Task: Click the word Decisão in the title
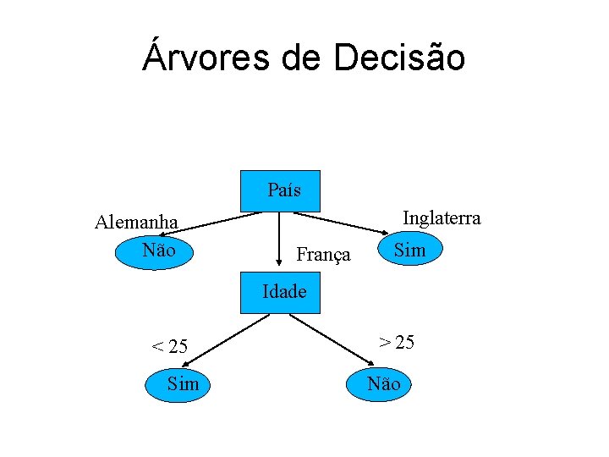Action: coord(399,57)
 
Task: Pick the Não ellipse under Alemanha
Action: coord(158,251)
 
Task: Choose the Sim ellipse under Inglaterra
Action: coord(410,251)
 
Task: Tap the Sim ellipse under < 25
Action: coord(182,384)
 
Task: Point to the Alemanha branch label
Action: coord(136,223)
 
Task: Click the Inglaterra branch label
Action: coord(442,218)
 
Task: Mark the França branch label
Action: coord(323,254)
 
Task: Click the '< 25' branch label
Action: coord(169,346)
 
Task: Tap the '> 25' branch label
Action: coord(396,342)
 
